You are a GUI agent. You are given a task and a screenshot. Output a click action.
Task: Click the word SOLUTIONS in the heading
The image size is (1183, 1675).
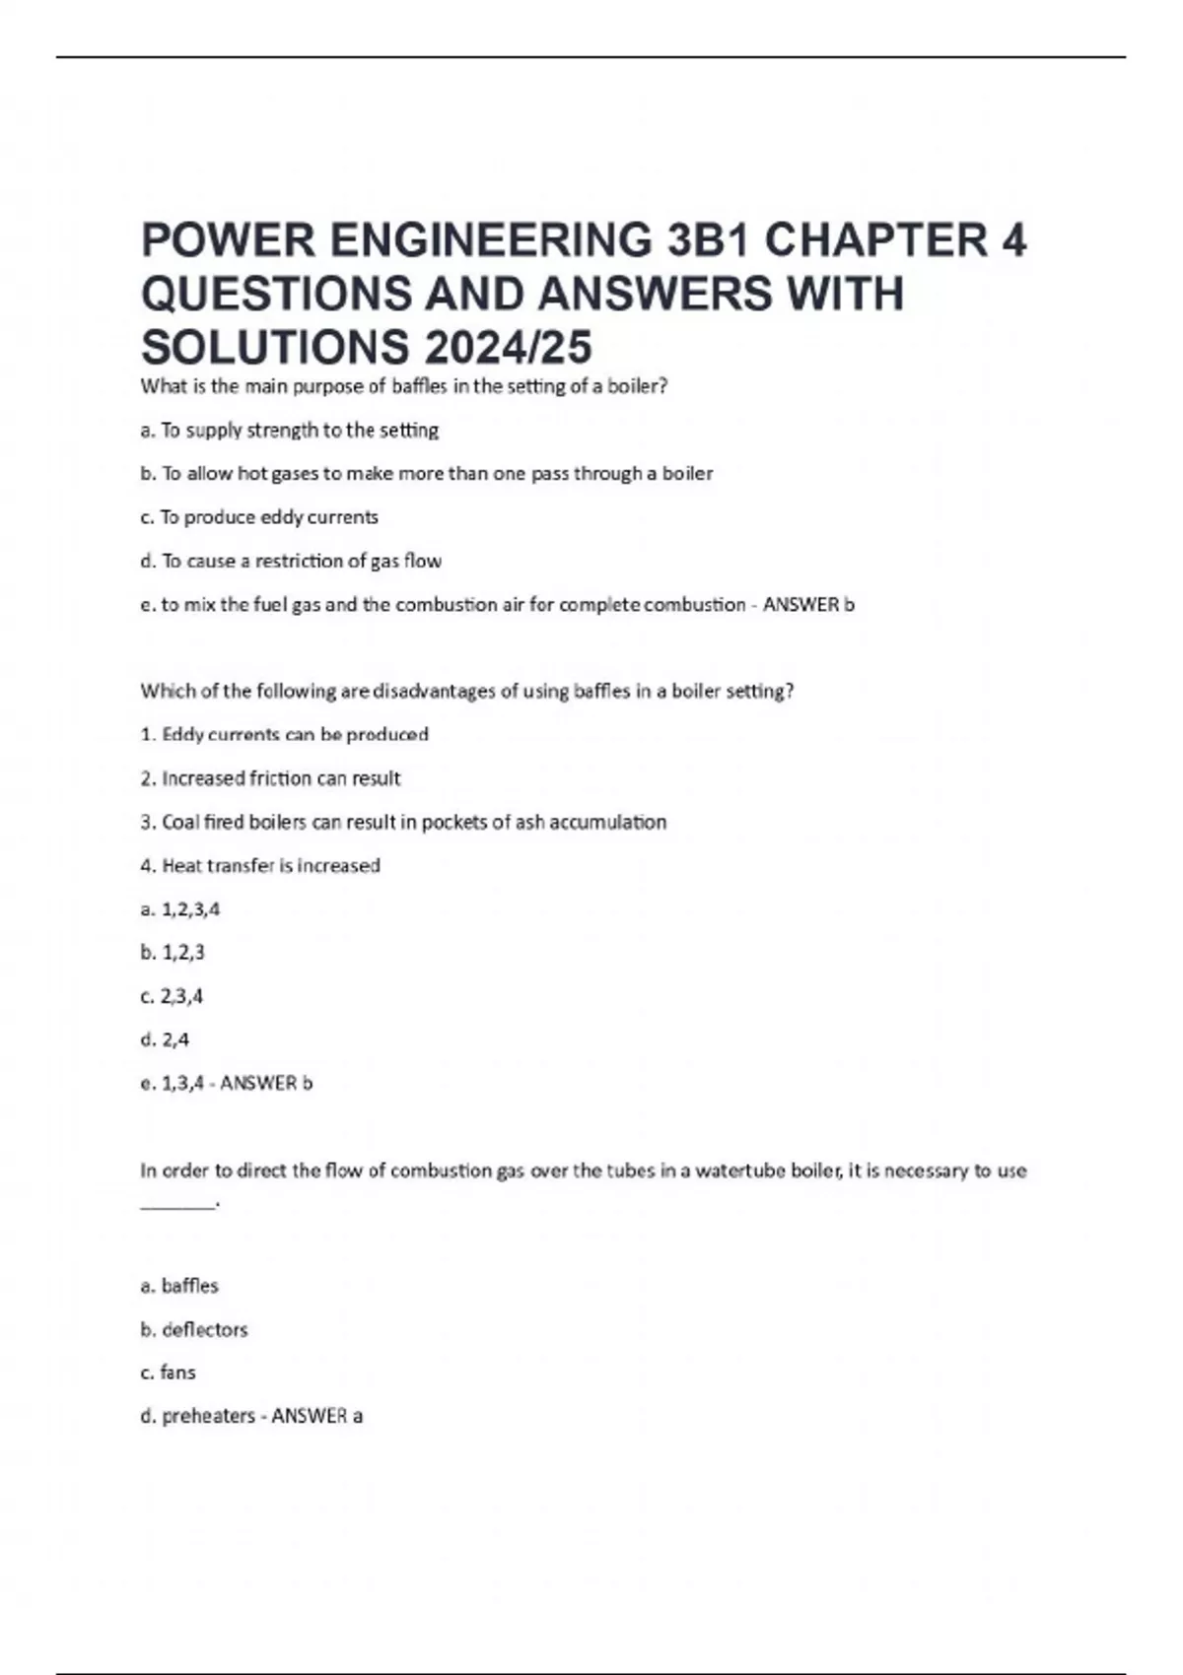[275, 347]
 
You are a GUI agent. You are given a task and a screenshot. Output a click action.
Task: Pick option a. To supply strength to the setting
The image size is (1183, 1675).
[290, 431]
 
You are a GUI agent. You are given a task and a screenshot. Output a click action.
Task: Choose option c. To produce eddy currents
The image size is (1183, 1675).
[259, 517]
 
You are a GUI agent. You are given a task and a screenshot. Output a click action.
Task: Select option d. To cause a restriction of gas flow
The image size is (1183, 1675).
[291, 562]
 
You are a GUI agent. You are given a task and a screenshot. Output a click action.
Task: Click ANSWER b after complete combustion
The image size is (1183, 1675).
[808, 605]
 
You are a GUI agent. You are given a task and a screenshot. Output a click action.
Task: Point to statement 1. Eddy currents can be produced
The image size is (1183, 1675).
[284, 735]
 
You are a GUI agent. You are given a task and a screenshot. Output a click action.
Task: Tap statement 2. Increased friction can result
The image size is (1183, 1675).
[270, 778]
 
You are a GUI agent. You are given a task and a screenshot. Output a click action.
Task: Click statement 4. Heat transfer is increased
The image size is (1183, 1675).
[260, 866]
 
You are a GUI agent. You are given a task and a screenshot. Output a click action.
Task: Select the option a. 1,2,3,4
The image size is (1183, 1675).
[180, 909]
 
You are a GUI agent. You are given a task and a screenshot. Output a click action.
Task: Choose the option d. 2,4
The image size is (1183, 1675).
[165, 1039]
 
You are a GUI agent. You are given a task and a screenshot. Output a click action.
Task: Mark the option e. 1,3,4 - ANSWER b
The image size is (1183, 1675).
[226, 1084]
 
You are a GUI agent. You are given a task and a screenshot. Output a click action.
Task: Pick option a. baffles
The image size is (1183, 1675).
[179, 1286]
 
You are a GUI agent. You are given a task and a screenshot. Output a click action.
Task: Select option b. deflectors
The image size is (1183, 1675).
[194, 1329]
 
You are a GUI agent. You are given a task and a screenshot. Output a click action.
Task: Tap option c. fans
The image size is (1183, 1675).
[169, 1373]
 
